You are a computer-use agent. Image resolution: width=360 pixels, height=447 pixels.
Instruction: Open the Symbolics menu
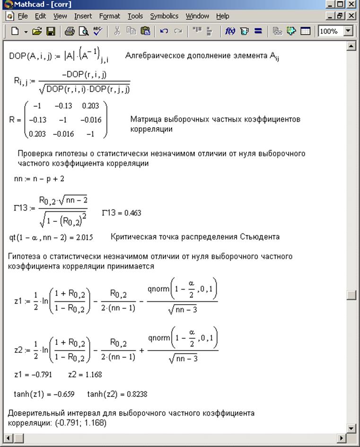click(x=164, y=16)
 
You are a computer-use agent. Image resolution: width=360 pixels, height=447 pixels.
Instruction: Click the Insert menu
click(x=83, y=16)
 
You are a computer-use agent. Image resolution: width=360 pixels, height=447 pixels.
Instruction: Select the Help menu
click(x=222, y=16)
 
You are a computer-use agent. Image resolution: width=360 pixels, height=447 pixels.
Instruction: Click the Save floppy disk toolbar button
click(x=50, y=32)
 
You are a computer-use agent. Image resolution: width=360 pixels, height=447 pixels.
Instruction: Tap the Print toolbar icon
click(x=70, y=32)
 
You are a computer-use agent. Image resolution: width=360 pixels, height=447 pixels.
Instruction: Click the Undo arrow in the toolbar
click(x=164, y=32)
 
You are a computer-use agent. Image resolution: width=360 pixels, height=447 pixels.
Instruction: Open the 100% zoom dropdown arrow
click(x=349, y=32)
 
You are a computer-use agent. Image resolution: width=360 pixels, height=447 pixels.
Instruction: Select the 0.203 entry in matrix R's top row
click(x=90, y=106)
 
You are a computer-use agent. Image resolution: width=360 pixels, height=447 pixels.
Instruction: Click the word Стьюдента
click(x=259, y=237)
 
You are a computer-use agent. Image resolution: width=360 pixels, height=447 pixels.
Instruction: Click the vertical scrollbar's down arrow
click(x=351, y=428)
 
